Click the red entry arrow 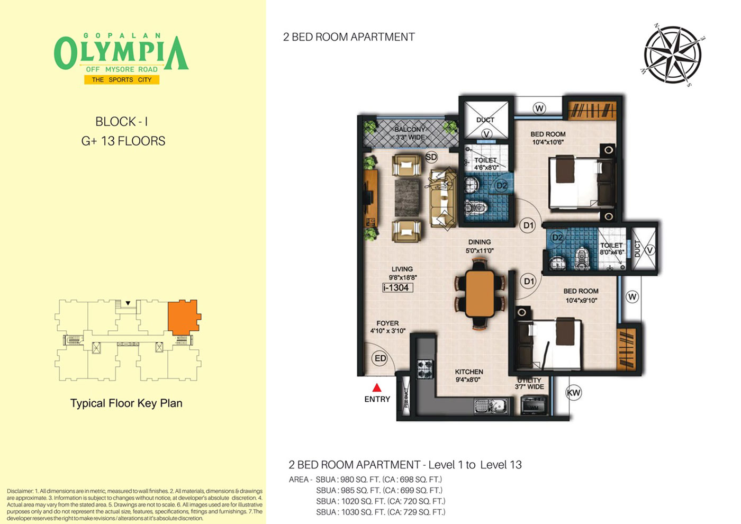[x=377, y=387]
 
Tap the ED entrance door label [x=380, y=358]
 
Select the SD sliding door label [x=431, y=157]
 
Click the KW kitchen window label [x=573, y=393]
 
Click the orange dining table [x=480, y=294]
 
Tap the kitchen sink [x=491, y=406]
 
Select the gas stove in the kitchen [x=424, y=369]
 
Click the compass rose [x=673, y=55]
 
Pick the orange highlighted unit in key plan [x=184, y=317]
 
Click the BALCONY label [x=410, y=129]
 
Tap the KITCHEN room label [x=469, y=372]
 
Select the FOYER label [x=387, y=323]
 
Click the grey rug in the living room [x=406, y=198]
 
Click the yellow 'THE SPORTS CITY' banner [x=122, y=80]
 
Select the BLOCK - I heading [x=121, y=122]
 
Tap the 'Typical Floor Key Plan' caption [x=126, y=403]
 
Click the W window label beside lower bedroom [x=632, y=297]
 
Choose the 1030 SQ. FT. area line [x=381, y=512]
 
